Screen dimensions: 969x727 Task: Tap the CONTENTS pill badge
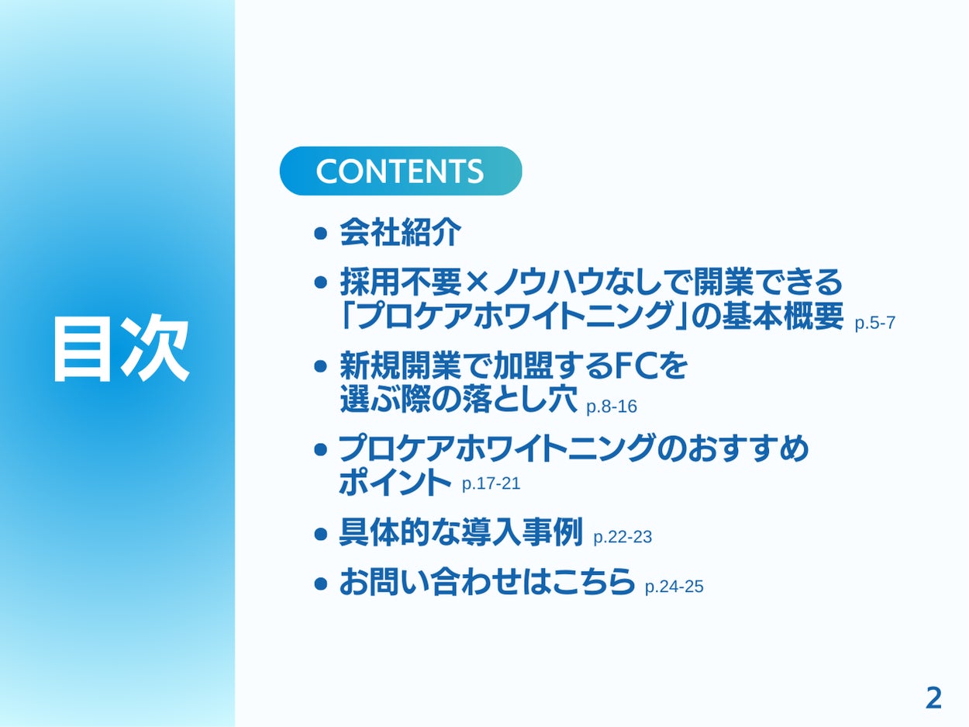(401, 171)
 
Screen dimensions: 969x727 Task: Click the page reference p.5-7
(875, 324)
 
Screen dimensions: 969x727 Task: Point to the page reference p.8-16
(612, 407)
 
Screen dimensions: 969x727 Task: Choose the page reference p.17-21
(491, 484)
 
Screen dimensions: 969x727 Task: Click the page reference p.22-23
(622, 537)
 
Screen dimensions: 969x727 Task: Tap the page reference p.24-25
(674, 587)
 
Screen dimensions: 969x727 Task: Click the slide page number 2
(933, 698)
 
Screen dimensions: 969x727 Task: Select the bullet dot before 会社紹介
(320, 234)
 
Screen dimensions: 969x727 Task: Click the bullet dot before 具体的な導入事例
(320, 535)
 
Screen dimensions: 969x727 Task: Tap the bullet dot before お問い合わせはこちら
(320, 584)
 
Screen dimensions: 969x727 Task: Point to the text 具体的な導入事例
(460, 533)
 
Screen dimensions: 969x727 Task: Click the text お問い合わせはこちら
(487, 583)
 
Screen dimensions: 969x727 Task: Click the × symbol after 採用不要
(478, 282)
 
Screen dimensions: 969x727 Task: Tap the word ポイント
(395, 482)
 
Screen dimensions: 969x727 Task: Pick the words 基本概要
(783, 317)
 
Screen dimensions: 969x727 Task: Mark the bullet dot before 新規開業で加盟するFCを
(320, 366)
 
